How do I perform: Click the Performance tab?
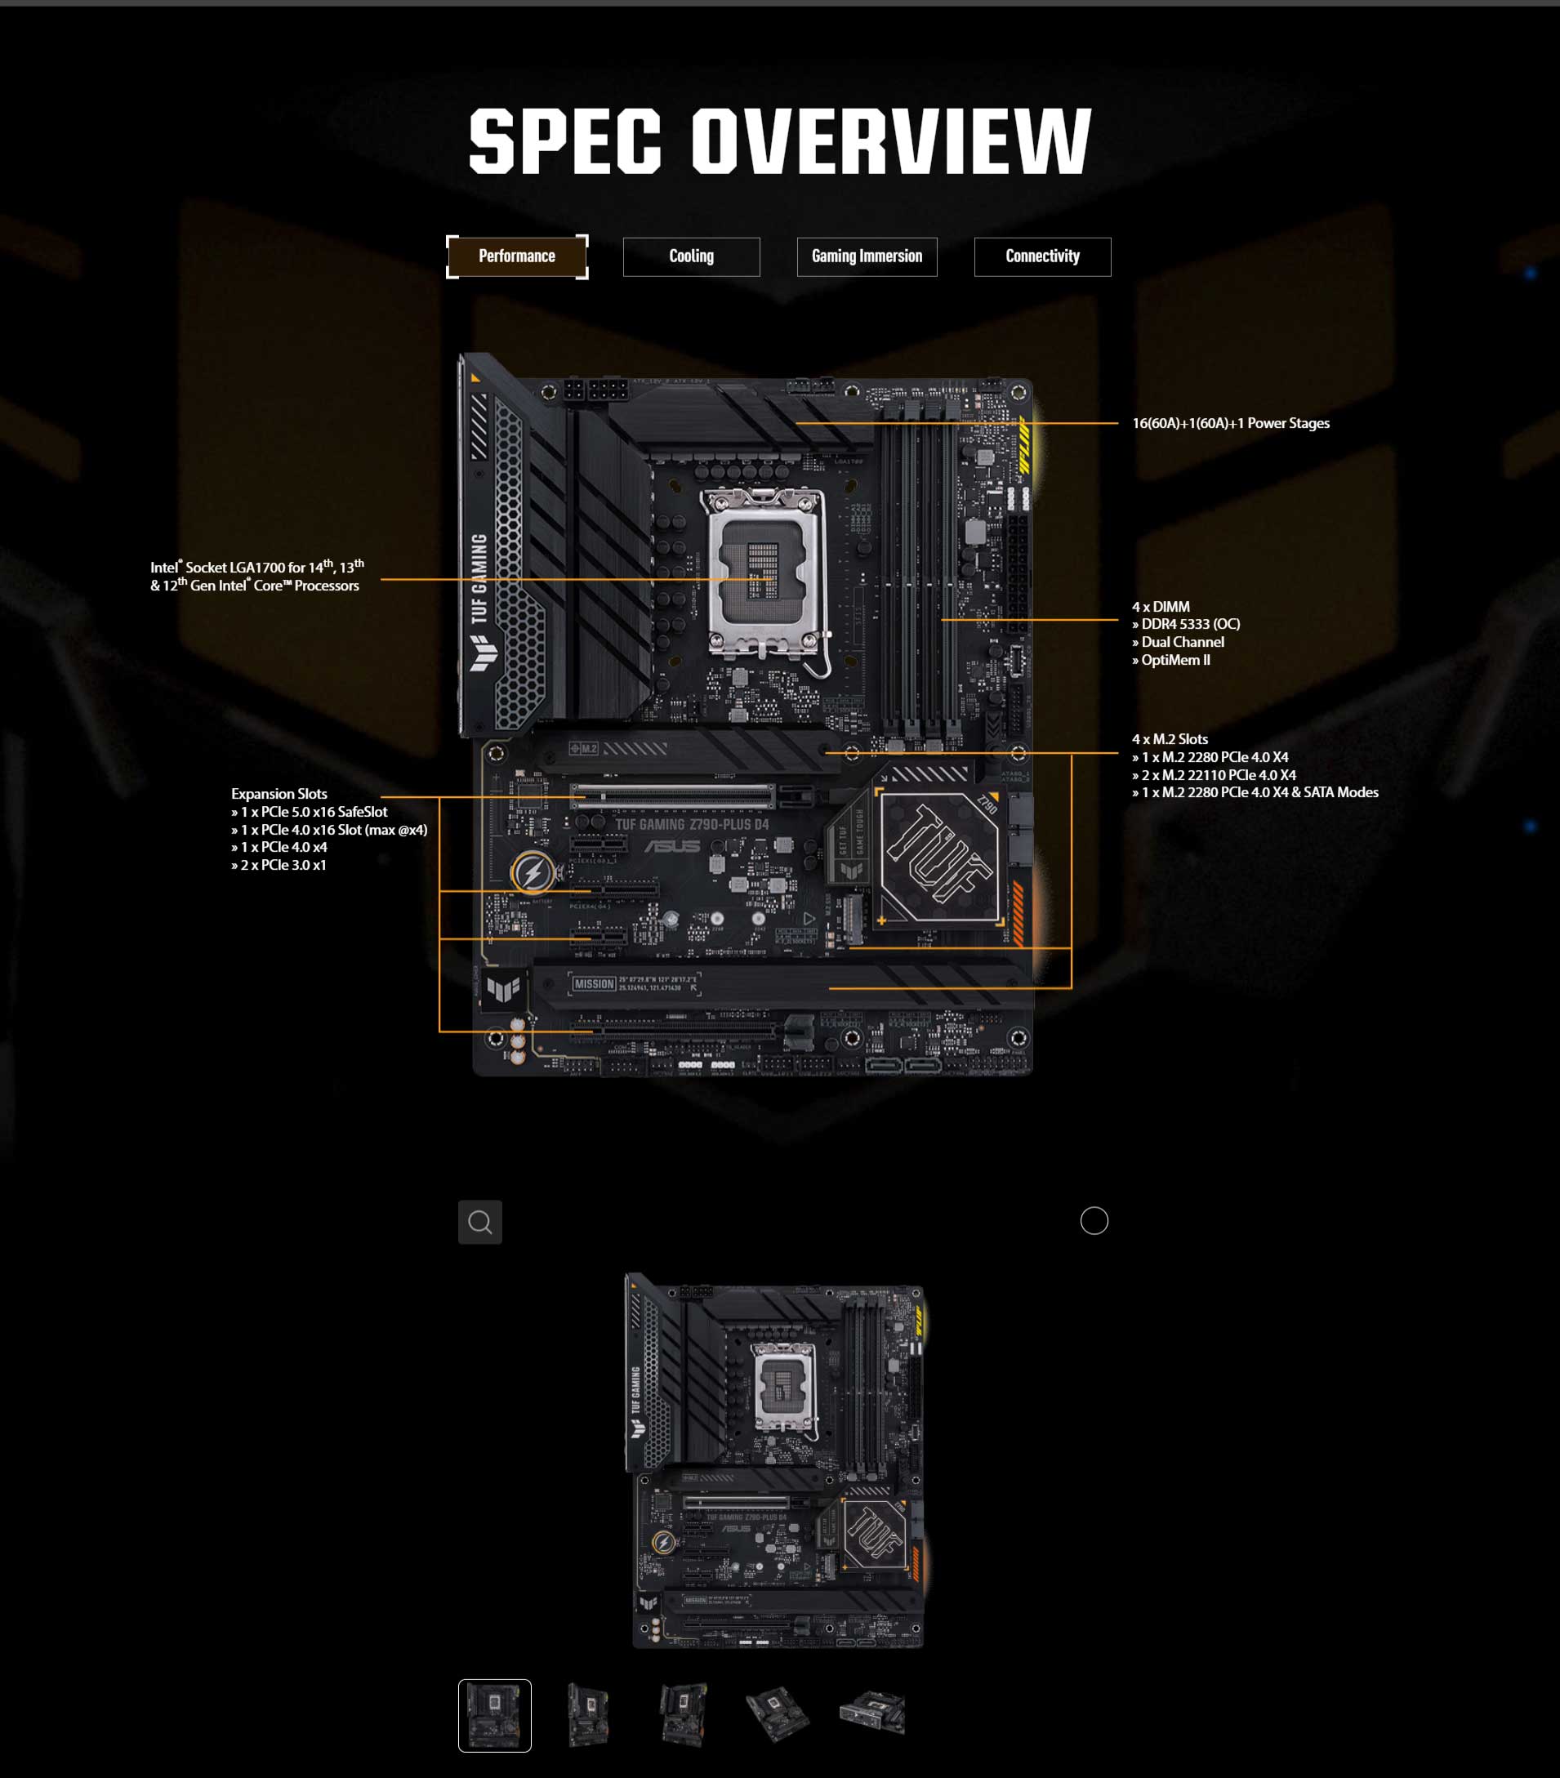point(517,256)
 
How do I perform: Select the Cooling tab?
point(691,256)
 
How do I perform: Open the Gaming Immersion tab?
point(867,256)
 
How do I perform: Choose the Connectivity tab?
point(1042,256)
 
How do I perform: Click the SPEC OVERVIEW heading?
point(779,141)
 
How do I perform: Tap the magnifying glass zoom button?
point(480,1222)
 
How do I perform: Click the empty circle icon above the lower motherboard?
point(1094,1220)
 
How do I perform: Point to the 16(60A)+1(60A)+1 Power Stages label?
point(1230,424)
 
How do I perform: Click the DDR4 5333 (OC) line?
point(1189,625)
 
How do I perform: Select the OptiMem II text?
point(1174,660)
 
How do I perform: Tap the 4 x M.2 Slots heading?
point(1170,739)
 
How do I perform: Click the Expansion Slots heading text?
point(279,794)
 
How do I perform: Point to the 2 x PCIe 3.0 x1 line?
point(282,866)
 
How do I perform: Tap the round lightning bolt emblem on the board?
point(533,872)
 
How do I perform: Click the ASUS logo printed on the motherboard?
point(671,846)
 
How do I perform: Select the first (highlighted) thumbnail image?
point(494,1715)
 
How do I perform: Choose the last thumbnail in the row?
point(871,1713)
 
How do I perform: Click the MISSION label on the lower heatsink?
point(595,984)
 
